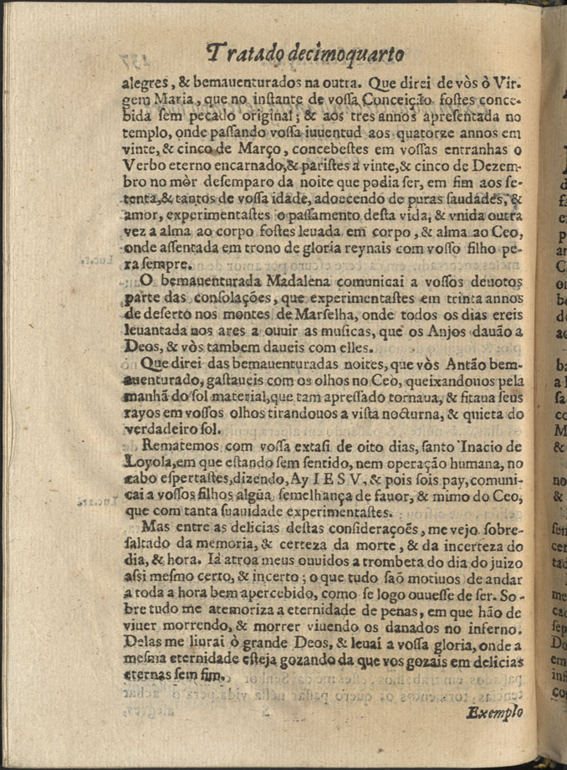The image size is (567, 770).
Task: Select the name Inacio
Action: click(467, 444)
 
